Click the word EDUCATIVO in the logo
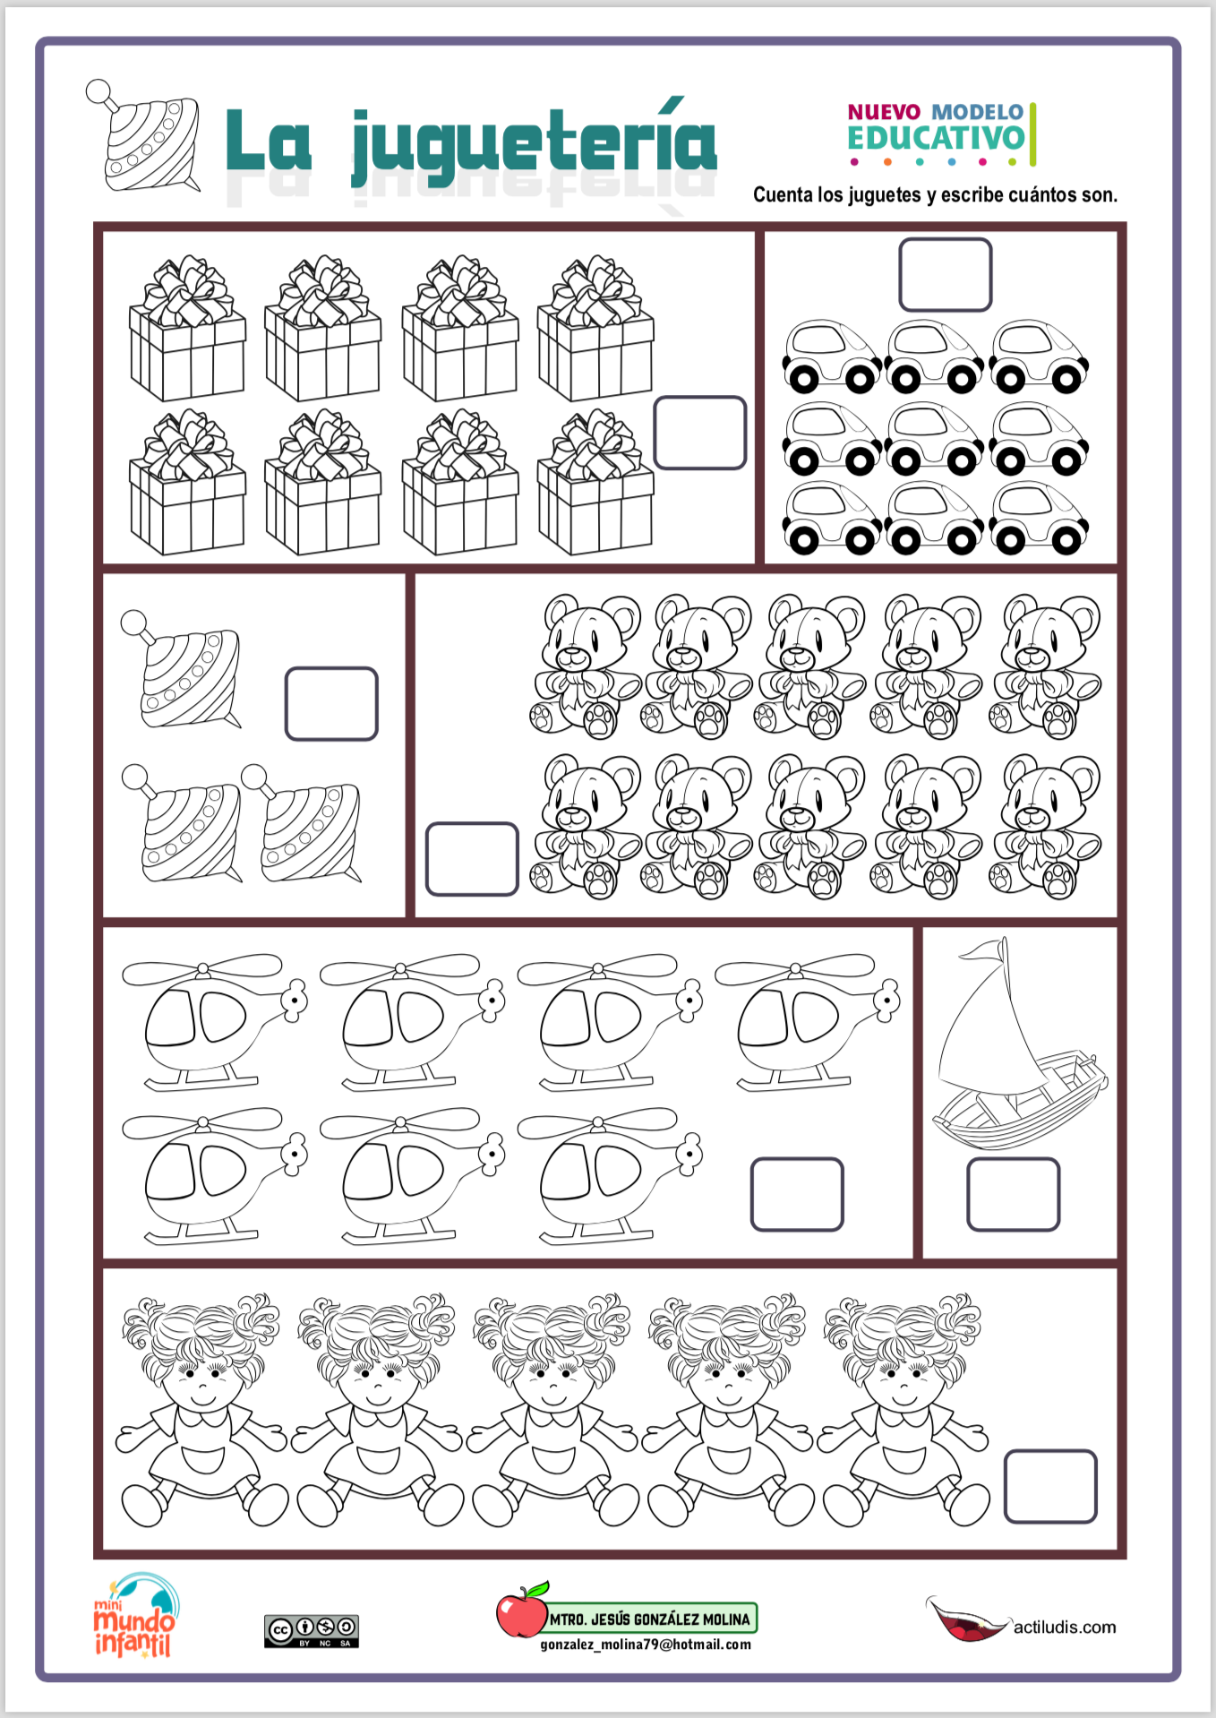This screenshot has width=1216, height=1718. click(936, 138)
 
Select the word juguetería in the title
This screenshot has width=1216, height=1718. click(534, 143)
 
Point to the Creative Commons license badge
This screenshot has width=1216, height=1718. click(312, 1631)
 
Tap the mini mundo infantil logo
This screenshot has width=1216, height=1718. click(136, 1614)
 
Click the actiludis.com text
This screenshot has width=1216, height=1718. click(1065, 1627)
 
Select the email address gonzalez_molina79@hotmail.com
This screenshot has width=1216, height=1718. click(646, 1645)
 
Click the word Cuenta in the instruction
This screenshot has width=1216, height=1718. click(783, 194)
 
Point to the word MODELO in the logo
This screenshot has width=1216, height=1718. click(977, 112)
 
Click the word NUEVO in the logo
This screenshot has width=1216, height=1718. click(884, 112)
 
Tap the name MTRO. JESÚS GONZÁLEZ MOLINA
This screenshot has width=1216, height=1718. click(649, 1619)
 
